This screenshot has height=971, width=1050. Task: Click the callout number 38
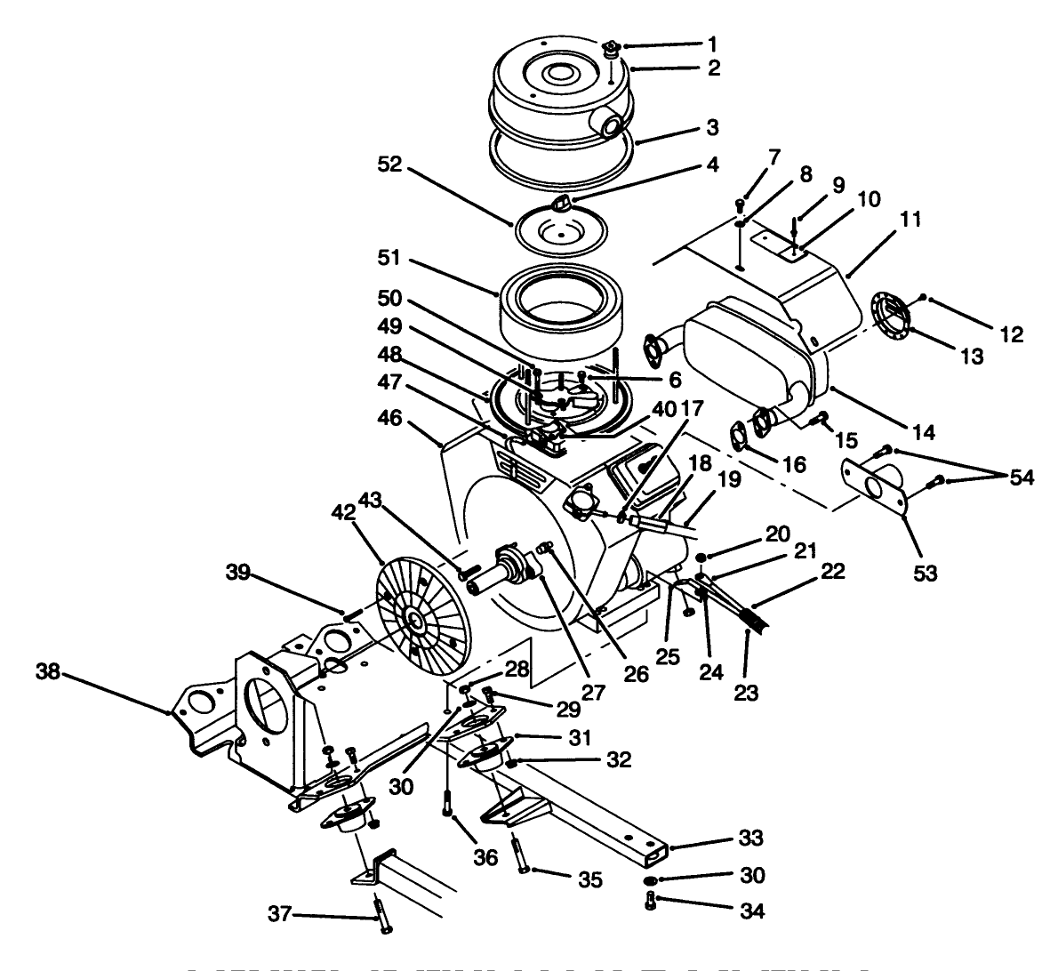click(50, 673)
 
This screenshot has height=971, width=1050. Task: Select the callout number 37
click(281, 913)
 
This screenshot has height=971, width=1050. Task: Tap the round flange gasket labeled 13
click(889, 315)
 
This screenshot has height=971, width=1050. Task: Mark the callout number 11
click(910, 218)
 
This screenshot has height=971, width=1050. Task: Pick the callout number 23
click(747, 693)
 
